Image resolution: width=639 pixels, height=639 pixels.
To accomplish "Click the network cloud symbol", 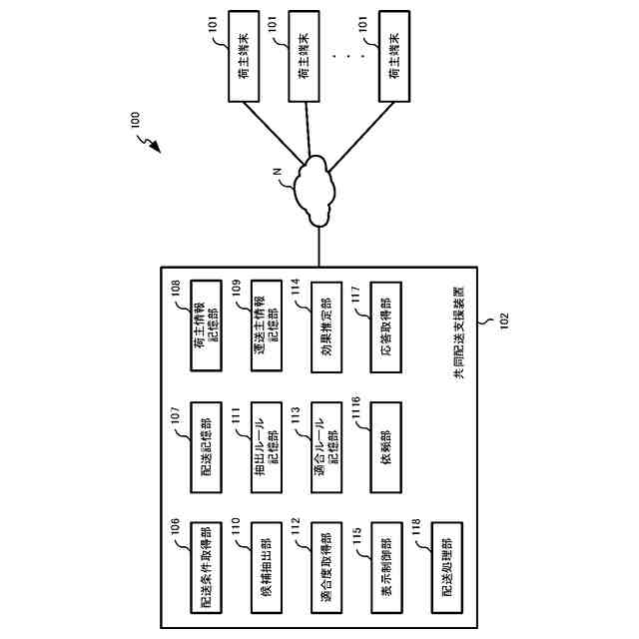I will [x=319, y=187].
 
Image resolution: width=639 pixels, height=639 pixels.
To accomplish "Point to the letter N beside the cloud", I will [x=281, y=176].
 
